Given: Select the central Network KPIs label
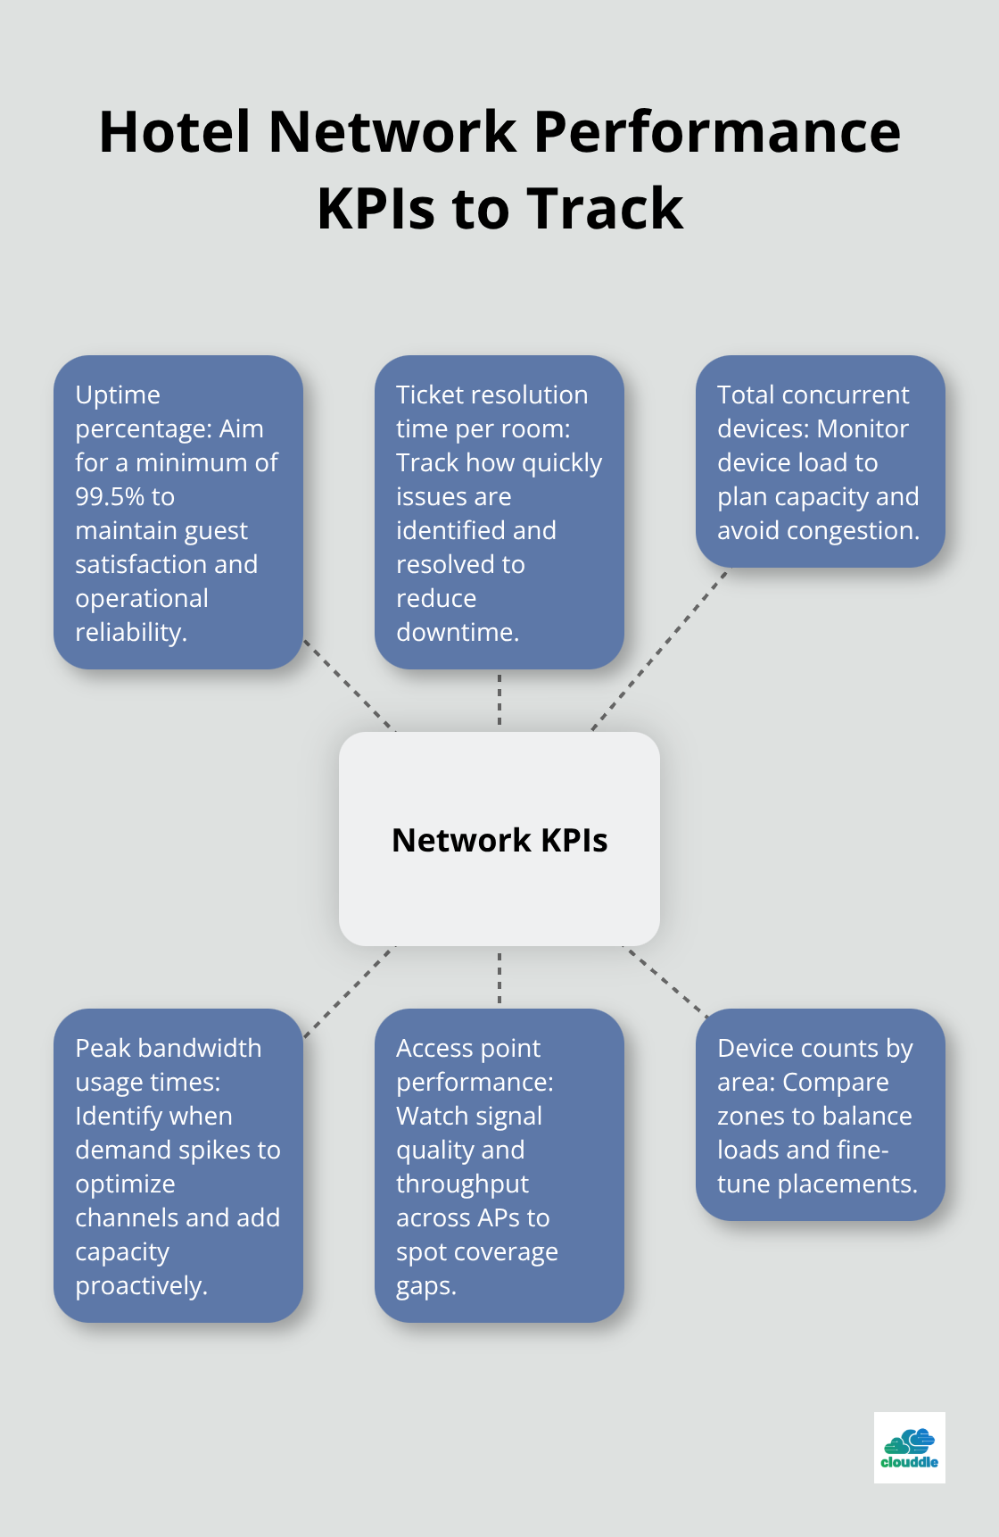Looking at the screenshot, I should (x=499, y=840).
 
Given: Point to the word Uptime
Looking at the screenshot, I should (x=118, y=395).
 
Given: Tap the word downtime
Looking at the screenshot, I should (x=457, y=632).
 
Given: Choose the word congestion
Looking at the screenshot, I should (x=862, y=530).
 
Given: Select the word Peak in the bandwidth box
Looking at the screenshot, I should (x=103, y=1048).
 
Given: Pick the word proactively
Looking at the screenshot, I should (x=141, y=1285).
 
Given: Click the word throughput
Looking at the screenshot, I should (x=462, y=1184).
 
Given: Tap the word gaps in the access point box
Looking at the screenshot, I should (x=425, y=1285).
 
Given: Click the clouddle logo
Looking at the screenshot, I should (x=909, y=1447).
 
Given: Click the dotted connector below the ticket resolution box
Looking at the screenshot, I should (x=499, y=700).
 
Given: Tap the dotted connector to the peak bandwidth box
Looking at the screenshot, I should (x=349, y=993).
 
